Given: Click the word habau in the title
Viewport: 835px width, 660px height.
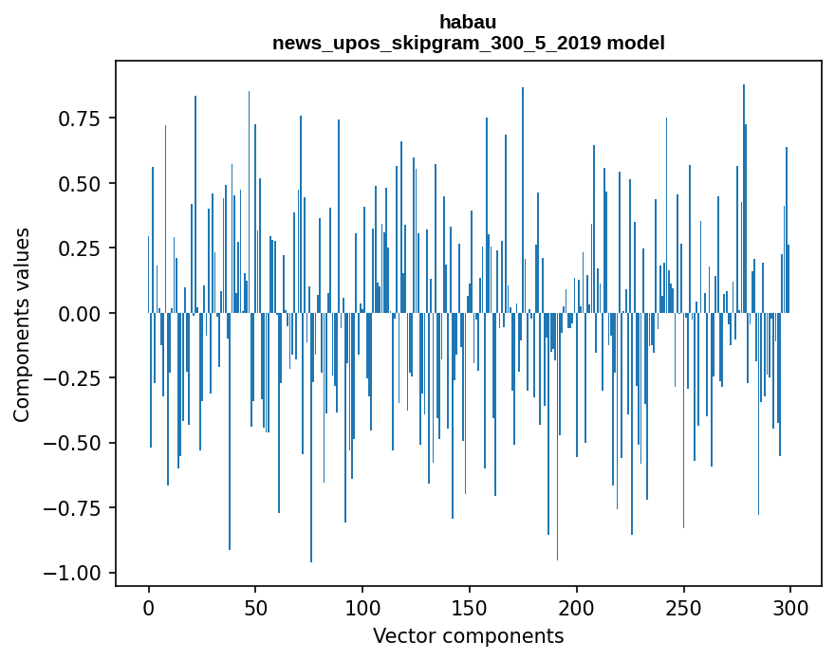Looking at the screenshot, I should coord(468,22).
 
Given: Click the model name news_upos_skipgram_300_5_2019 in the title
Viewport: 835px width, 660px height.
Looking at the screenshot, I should coord(443,43).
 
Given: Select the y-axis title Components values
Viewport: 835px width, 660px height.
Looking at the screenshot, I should coord(22,324).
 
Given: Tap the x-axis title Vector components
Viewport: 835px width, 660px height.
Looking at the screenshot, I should coord(468,636).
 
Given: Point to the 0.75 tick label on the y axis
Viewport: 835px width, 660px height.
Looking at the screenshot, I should coord(78,119).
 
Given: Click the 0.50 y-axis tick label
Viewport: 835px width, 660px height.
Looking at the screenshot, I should coord(78,183).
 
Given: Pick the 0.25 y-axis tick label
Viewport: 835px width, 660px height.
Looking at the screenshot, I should coord(78,248).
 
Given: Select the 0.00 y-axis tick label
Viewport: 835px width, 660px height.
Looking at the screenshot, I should coord(78,313).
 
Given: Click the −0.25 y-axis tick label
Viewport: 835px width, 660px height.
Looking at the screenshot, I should coord(72,378).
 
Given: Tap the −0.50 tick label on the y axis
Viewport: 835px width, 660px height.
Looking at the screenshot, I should coord(72,443).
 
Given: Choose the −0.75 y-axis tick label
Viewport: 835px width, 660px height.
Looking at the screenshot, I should coord(72,508).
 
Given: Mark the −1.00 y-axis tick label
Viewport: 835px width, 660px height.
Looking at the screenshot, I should coord(72,573).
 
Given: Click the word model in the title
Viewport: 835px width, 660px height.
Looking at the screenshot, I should coord(640,43).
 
